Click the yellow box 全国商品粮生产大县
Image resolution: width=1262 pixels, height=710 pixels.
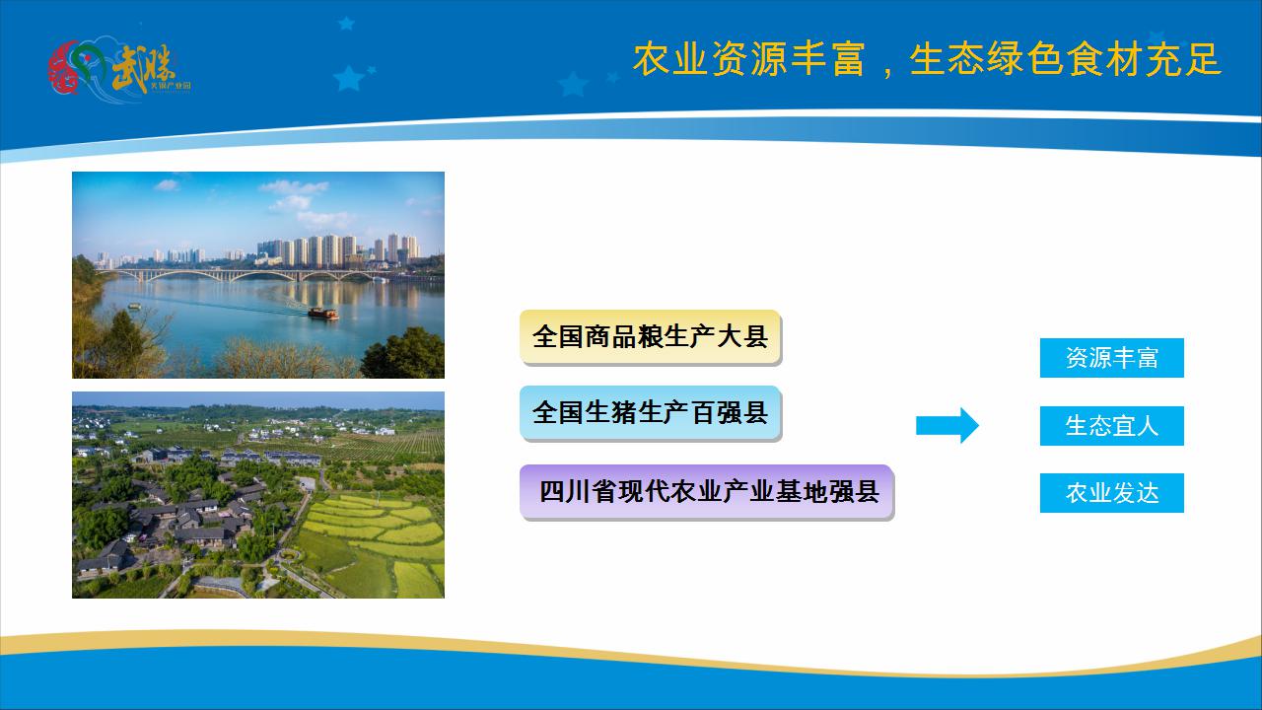[650, 336]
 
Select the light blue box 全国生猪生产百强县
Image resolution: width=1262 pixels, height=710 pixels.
[650, 412]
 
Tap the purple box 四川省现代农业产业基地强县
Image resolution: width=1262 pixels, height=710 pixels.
[706, 491]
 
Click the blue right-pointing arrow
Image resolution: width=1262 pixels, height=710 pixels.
[946, 425]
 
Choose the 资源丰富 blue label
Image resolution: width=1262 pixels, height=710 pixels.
[1111, 358]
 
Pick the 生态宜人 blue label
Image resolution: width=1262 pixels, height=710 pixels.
[1111, 426]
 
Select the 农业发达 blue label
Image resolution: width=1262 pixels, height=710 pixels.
[1111, 493]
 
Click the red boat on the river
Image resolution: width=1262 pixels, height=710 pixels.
[322, 314]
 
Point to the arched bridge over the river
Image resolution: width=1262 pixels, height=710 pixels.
[246, 275]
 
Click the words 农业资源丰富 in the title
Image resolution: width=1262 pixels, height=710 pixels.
[749, 60]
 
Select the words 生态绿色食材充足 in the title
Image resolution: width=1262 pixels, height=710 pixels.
[1065, 60]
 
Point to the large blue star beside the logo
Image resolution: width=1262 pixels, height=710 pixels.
[348, 78]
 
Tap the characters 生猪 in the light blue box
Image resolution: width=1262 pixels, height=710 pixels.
[611, 412]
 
